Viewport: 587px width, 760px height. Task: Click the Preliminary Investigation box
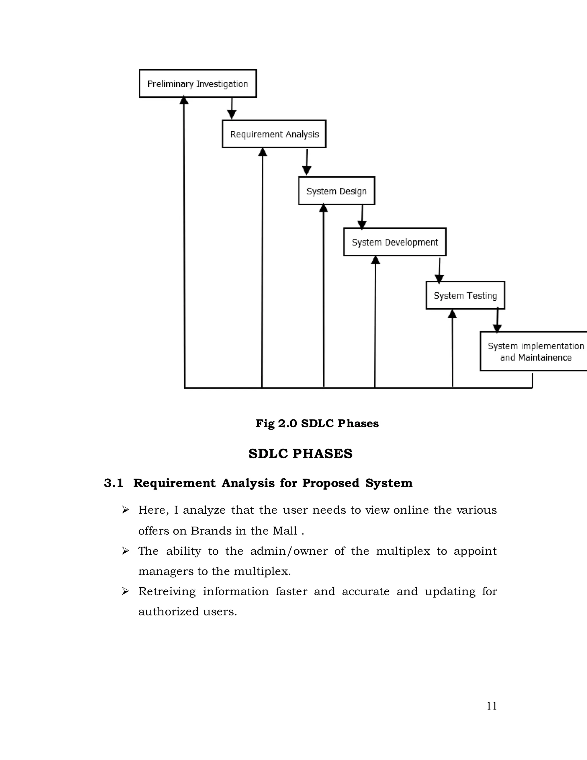point(197,83)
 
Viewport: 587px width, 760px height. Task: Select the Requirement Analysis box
point(274,134)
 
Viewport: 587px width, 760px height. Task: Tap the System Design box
point(336,191)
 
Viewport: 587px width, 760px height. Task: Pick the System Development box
point(395,242)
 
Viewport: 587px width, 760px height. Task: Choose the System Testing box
point(465,295)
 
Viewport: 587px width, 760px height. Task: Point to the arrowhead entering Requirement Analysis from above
point(232,114)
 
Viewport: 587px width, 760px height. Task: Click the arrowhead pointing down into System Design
point(306,171)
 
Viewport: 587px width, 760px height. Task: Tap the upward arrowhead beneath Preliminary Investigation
point(184,101)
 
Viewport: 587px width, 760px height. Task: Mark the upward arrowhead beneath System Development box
point(375,260)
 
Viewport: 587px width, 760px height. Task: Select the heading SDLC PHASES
point(300,454)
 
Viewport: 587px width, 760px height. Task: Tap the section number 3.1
point(114,483)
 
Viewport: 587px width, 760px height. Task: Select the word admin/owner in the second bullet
point(289,551)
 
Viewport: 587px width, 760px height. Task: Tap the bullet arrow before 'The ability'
point(126,551)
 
